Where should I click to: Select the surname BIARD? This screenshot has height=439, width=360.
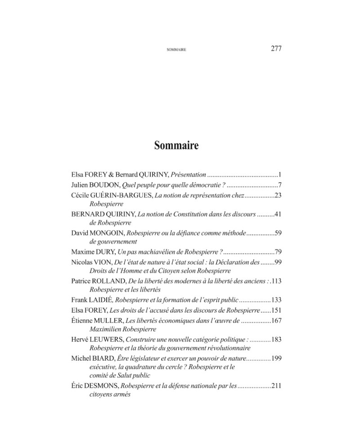point(103,358)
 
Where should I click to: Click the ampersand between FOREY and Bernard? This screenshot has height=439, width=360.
point(111,175)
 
